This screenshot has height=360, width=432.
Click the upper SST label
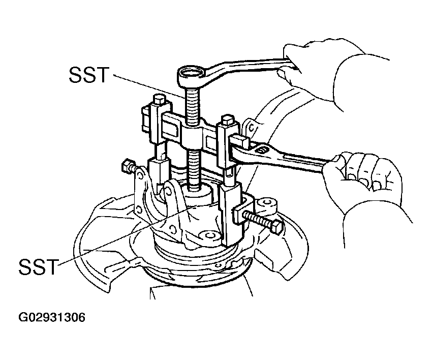tap(89, 75)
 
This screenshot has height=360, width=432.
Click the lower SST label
tap(39, 266)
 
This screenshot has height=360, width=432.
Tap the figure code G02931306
tap(52, 317)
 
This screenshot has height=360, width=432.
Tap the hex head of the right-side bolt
tap(277, 227)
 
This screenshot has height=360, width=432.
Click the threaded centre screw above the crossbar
tap(192, 106)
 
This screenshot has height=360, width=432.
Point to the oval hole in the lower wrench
tap(261, 150)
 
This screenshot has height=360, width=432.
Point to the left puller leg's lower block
tap(158, 172)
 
